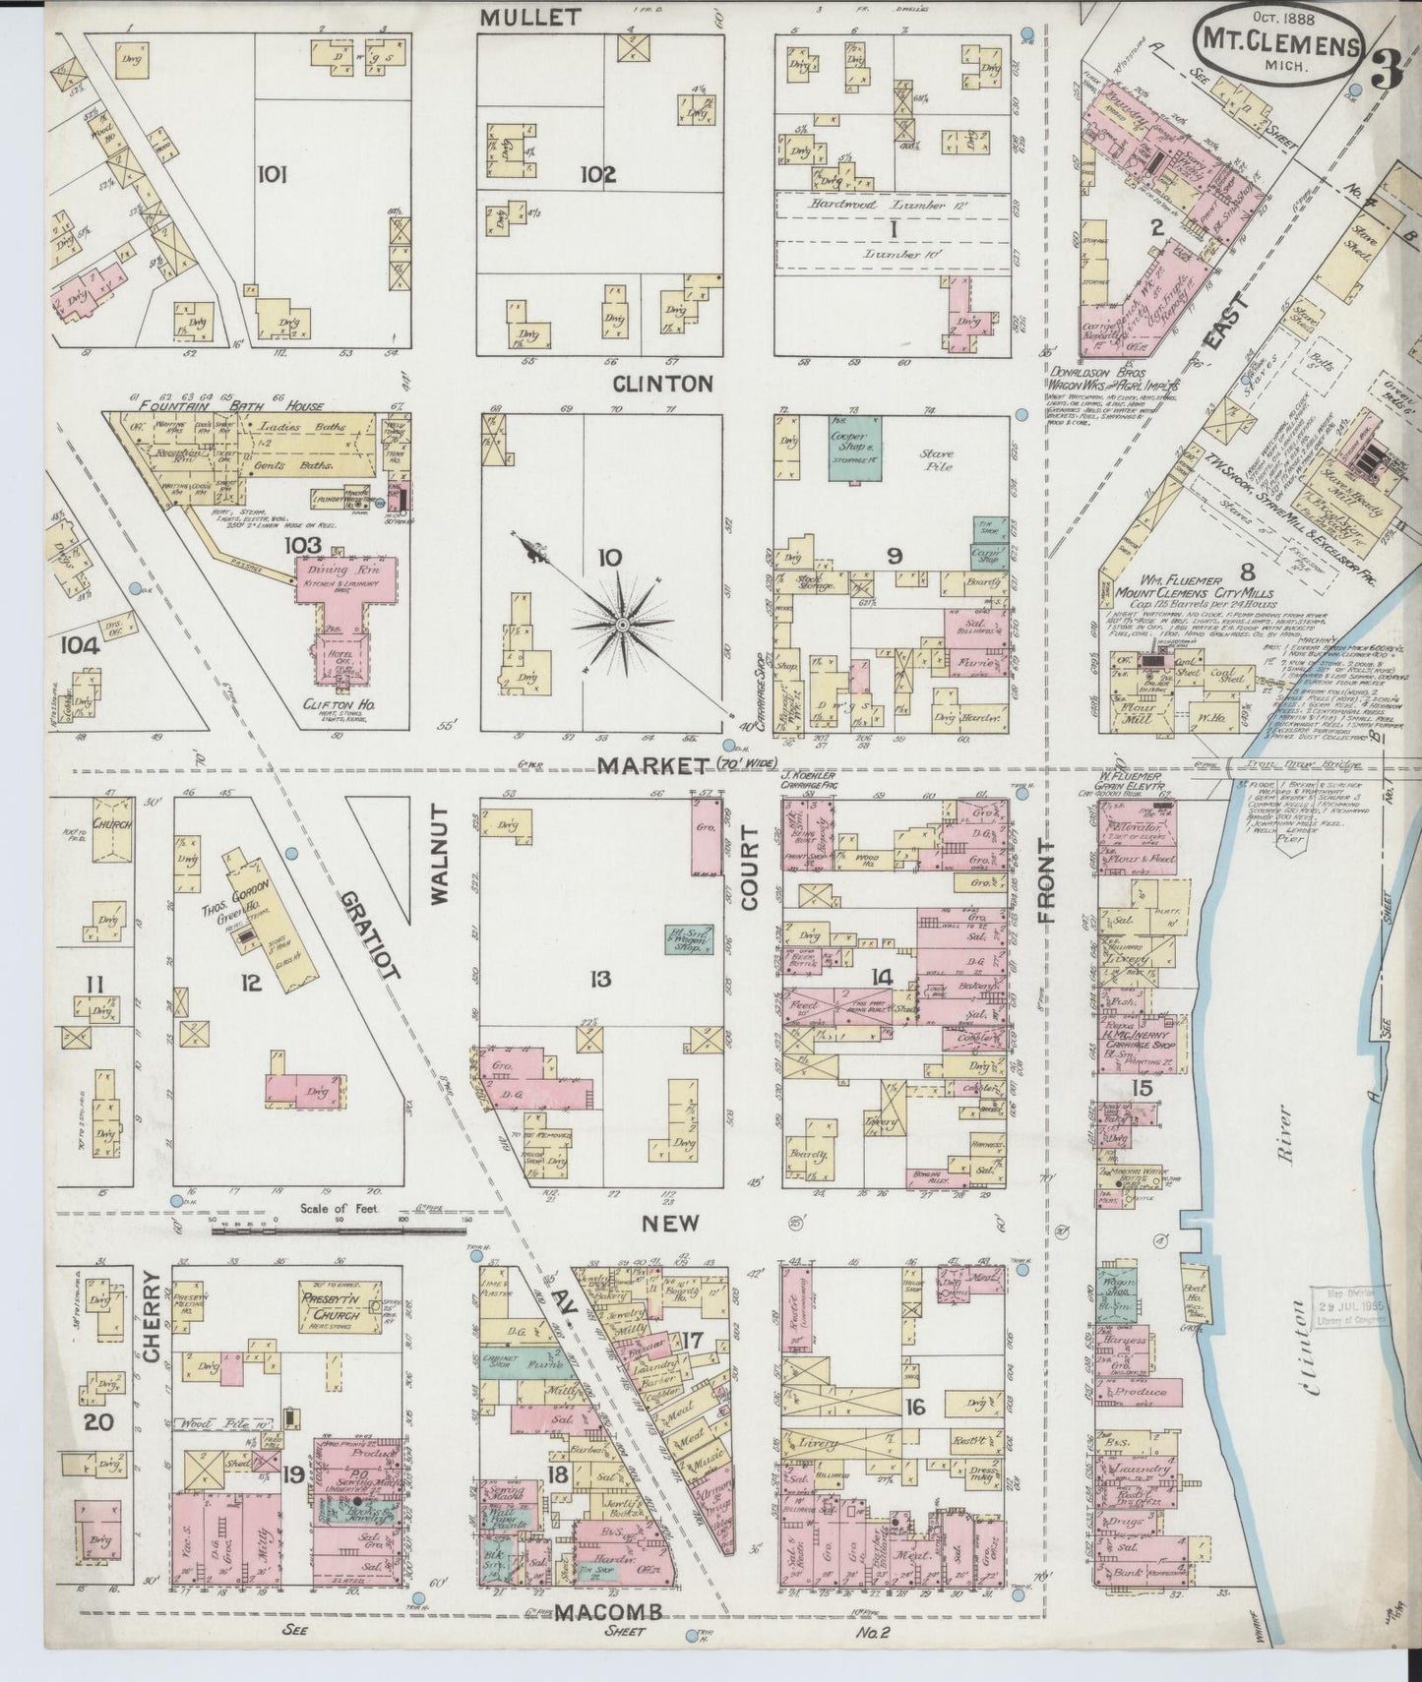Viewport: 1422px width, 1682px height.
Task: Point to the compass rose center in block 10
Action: (623, 625)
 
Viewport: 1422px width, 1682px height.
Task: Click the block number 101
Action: (272, 175)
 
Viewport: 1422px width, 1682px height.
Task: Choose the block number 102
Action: (596, 175)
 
